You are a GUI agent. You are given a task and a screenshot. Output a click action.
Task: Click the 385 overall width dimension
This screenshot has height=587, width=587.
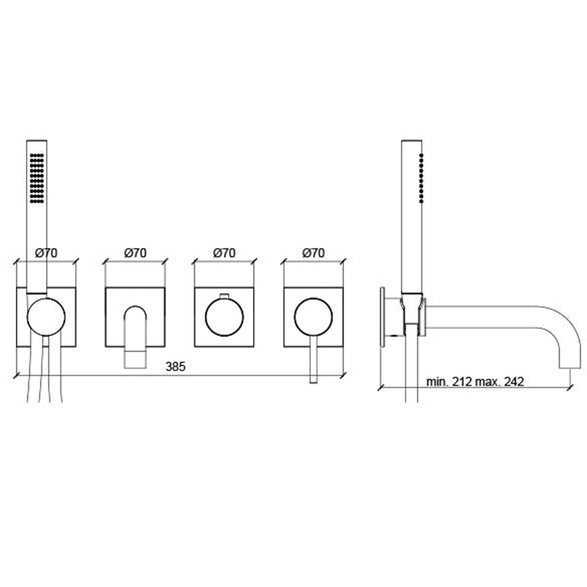coord(175,366)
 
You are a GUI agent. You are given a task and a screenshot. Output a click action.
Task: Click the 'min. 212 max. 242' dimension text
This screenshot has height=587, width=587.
coord(475,382)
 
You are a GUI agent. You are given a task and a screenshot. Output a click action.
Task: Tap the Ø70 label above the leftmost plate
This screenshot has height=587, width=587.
coord(46,253)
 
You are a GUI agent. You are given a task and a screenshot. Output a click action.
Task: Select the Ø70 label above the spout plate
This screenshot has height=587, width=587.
coord(135,253)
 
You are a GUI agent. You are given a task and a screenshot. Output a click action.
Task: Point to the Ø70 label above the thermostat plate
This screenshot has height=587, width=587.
coord(224,253)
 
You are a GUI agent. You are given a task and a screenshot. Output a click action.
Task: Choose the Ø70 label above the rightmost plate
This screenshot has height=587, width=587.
coord(314,253)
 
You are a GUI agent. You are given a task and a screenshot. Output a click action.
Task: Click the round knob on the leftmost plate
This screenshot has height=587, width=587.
coord(46,317)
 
